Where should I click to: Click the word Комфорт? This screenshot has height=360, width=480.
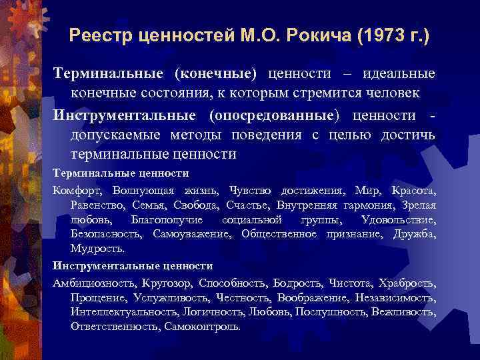(x=78, y=190)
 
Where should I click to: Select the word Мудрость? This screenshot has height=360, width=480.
(x=97, y=249)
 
